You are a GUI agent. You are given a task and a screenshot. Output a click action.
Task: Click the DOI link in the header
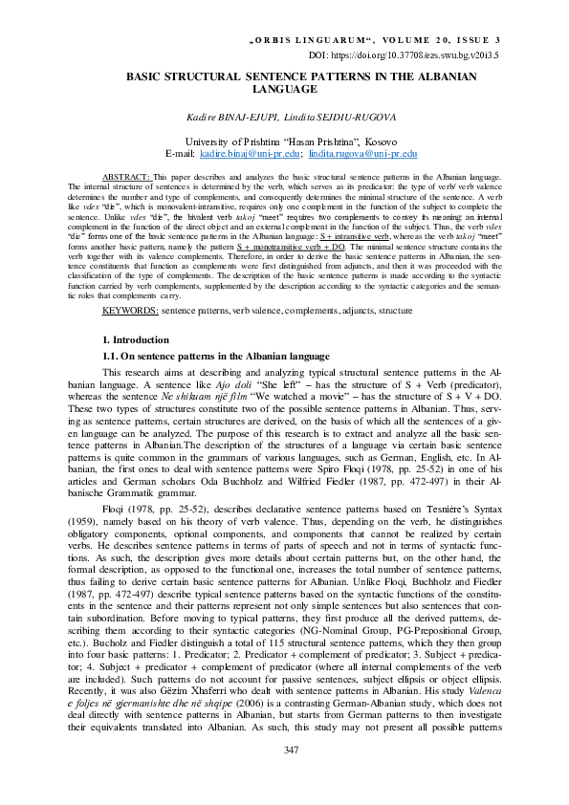(x=418, y=55)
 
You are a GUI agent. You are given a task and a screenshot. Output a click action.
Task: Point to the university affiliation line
(x=284, y=141)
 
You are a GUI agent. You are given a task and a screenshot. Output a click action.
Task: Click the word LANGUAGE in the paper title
(x=284, y=89)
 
